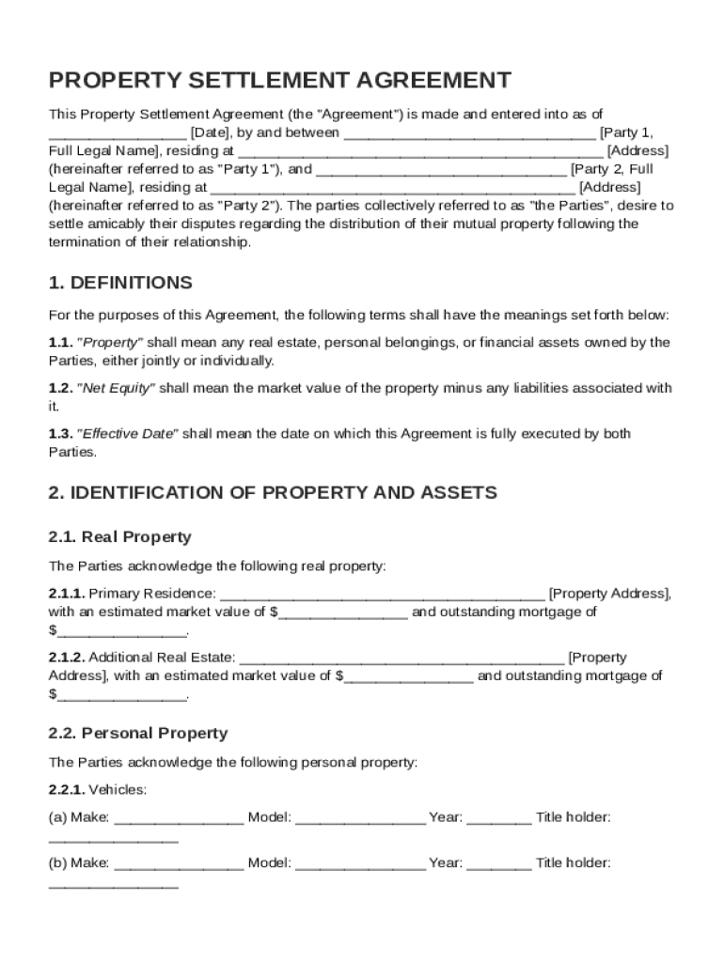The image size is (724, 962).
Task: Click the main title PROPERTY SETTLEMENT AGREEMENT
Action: pyautogui.click(x=280, y=80)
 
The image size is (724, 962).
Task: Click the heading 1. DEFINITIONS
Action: pyautogui.click(x=120, y=283)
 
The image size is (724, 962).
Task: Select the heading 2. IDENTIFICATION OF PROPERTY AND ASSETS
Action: pyautogui.click(x=273, y=492)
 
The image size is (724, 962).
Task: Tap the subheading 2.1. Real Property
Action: pyautogui.click(x=119, y=537)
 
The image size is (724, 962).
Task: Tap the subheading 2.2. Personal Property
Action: pyautogui.click(x=137, y=733)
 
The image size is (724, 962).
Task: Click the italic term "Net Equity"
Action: pyautogui.click(x=117, y=388)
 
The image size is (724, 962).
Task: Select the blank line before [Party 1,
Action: pyautogui.click(x=469, y=132)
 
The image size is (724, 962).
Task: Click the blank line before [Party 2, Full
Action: pyautogui.click(x=441, y=169)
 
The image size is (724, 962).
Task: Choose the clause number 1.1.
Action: pyautogui.click(x=60, y=343)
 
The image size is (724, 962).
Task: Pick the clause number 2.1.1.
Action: pyautogui.click(x=67, y=594)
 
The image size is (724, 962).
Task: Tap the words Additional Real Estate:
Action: pyautogui.click(x=163, y=658)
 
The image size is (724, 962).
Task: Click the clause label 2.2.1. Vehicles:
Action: pyautogui.click(x=97, y=789)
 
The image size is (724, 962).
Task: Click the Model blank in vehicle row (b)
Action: pyautogui.click(x=360, y=863)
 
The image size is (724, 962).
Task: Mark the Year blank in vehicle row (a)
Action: pyautogui.click(x=498, y=818)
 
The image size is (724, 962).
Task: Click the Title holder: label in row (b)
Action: pyautogui.click(x=573, y=862)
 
